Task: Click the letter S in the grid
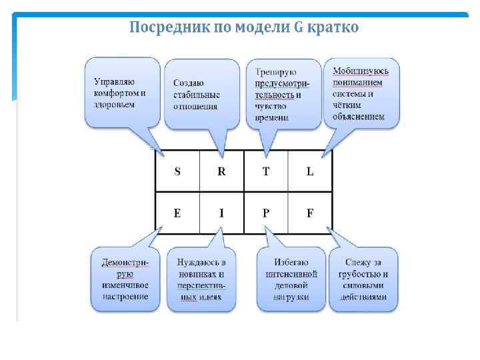click(x=177, y=171)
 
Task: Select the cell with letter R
click(x=221, y=171)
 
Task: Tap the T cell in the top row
click(x=266, y=171)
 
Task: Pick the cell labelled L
click(x=310, y=171)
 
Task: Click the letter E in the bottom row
click(x=177, y=213)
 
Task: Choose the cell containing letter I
click(x=221, y=213)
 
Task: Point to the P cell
click(x=266, y=213)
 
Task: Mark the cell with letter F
click(x=310, y=213)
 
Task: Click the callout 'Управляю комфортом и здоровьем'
click(x=121, y=92)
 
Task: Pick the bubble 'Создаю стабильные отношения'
click(x=200, y=93)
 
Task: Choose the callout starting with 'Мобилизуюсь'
click(x=362, y=92)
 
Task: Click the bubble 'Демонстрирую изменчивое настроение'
click(x=125, y=279)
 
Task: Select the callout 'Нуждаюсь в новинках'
click(x=201, y=279)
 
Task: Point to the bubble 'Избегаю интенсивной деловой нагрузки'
click(x=290, y=279)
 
